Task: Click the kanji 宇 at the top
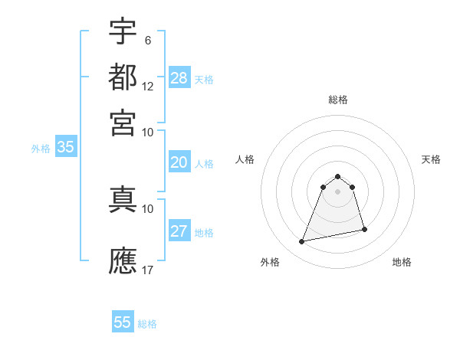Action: [x=123, y=32]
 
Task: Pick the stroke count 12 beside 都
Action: [x=148, y=86]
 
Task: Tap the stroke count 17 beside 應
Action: [x=148, y=270]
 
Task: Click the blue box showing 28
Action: [x=179, y=77]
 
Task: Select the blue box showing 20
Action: [x=179, y=162]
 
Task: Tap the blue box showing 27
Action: [x=179, y=231]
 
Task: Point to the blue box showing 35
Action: [x=65, y=147]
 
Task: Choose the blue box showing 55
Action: [x=123, y=322]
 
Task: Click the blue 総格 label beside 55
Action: [x=147, y=323]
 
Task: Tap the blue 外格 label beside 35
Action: [x=41, y=149]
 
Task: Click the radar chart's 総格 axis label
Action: [x=338, y=100]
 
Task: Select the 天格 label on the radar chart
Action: [x=432, y=159]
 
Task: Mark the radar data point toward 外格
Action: [x=302, y=242]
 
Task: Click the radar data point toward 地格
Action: [x=364, y=230]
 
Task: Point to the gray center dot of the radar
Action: [x=338, y=191]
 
